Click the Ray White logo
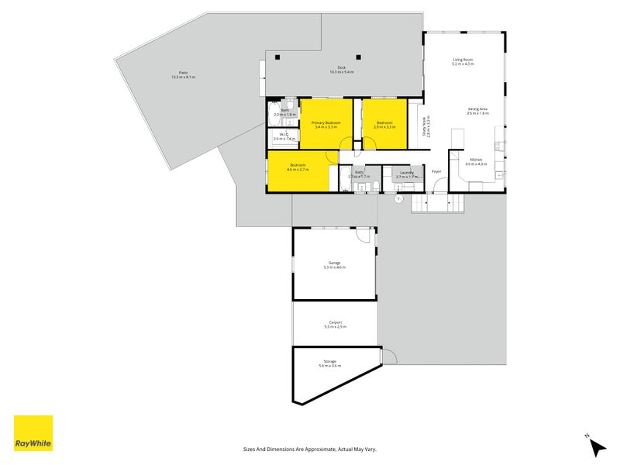pos(33,433)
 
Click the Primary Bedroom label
pos(326,123)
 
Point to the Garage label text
pos(335,263)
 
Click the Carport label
pos(335,322)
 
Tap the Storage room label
pos(329,361)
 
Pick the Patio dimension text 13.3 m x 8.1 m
pos(184,77)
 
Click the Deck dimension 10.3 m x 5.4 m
pos(341,72)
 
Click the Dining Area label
pos(477,109)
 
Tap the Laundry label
pos(407,173)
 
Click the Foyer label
pos(436,171)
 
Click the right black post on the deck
pos(358,56)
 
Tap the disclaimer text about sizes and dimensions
pos(309,449)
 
